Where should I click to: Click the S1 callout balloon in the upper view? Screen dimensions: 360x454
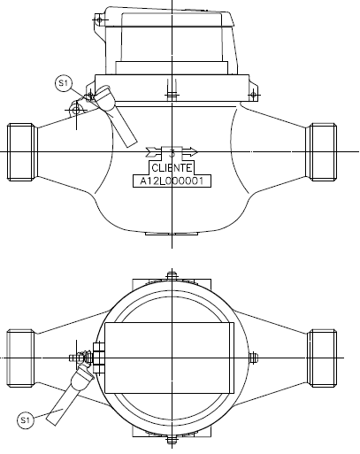point(64,83)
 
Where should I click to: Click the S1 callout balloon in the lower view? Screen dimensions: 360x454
point(26,420)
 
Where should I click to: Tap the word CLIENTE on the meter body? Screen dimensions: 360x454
point(172,168)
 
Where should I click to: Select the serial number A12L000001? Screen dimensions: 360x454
point(172,181)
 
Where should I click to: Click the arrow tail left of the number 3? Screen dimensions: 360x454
point(154,152)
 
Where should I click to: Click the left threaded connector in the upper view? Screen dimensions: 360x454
point(22,152)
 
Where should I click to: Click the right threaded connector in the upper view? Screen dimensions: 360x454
point(321,152)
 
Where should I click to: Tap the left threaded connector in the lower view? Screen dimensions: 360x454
point(21,358)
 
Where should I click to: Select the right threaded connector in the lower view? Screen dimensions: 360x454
point(322,358)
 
